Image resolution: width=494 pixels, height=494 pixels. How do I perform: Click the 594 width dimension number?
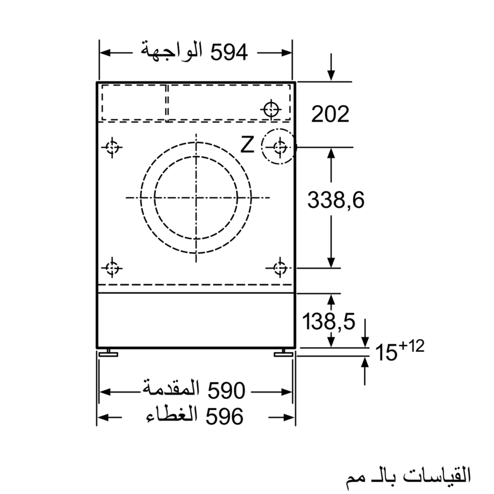point(229,52)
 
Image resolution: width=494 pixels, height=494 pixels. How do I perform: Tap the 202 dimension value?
point(330,114)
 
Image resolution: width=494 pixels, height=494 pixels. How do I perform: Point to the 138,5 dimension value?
point(329,321)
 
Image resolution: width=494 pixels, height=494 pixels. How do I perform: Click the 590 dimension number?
point(226,391)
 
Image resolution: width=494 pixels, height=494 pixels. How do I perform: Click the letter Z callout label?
point(247,145)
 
